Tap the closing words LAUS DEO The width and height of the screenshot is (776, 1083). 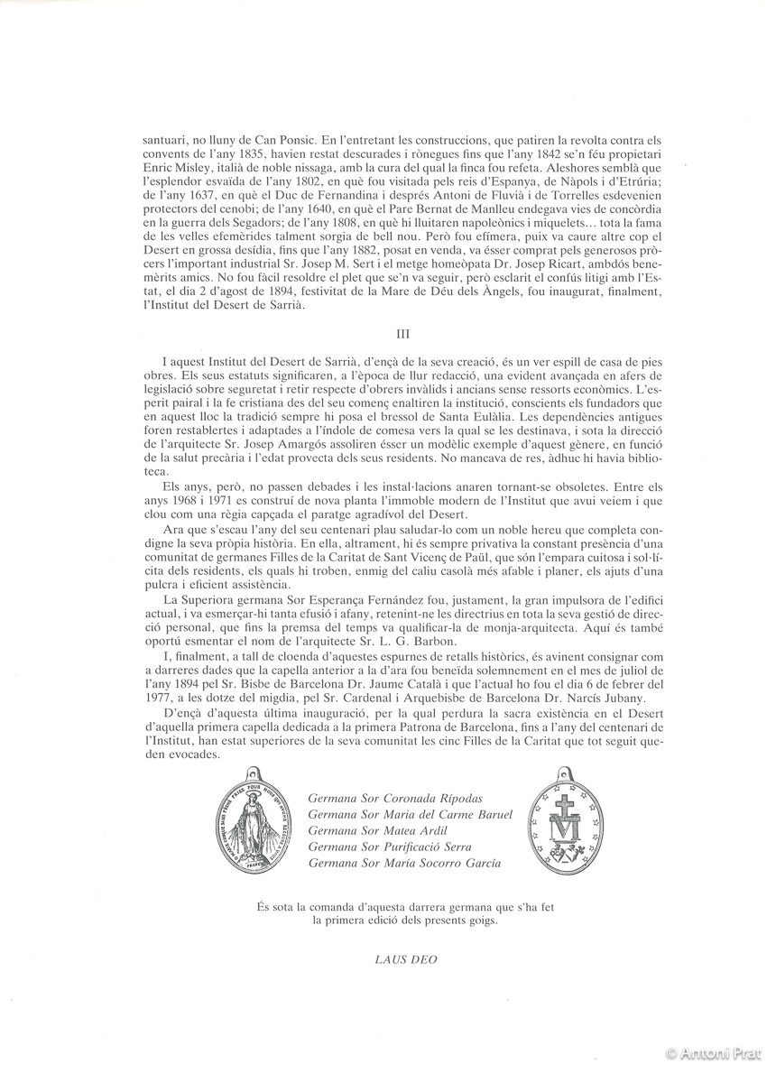pyautogui.click(x=405, y=958)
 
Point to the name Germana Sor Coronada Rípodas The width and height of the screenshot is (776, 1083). pyautogui.click(x=394, y=799)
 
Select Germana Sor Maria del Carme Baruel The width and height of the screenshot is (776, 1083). pyautogui.click(x=410, y=814)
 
